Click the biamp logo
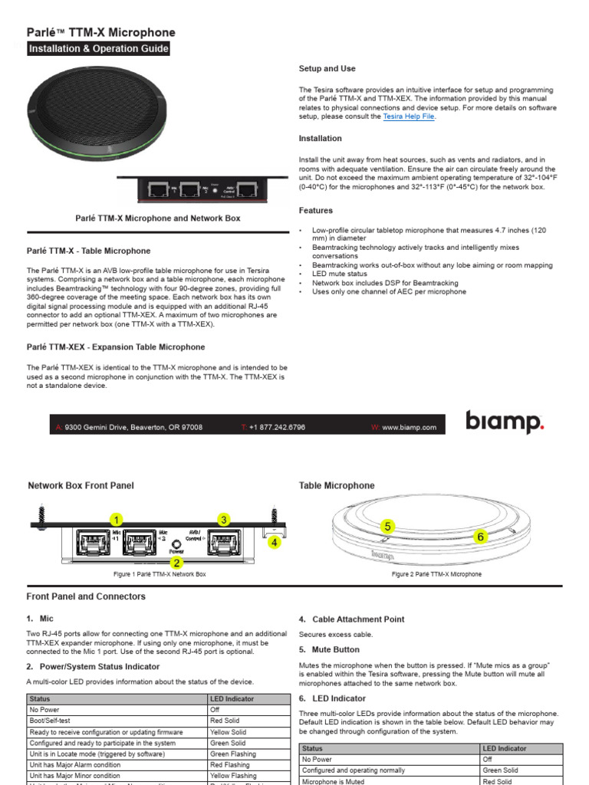click(505, 423)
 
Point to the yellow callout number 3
click(224, 520)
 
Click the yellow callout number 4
click(273, 542)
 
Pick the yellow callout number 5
click(388, 526)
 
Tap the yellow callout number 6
click(481, 537)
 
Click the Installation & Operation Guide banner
click(98, 49)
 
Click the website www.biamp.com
click(409, 427)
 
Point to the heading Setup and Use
click(327, 69)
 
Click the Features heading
click(315, 210)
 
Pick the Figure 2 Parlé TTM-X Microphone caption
click(436, 574)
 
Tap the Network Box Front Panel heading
click(81, 485)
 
